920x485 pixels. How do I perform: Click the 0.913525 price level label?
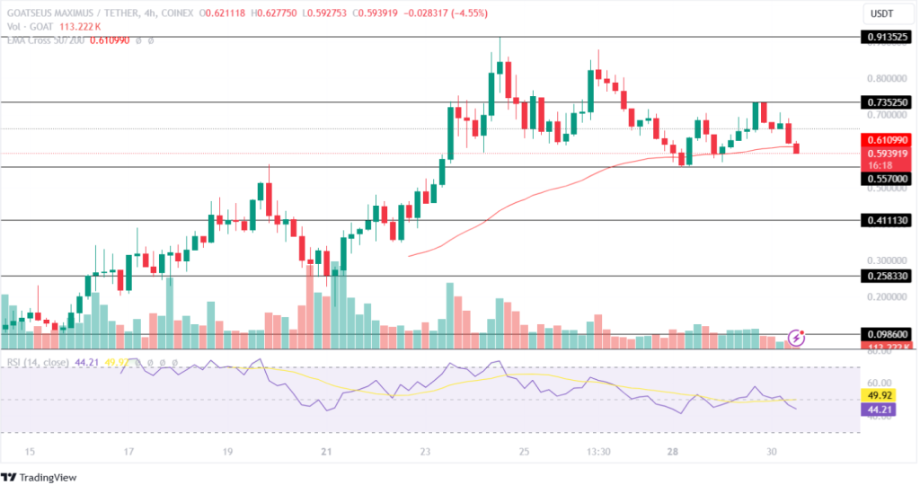coord(887,38)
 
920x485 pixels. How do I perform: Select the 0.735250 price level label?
coord(887,103)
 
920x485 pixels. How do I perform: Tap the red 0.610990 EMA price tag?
coord(887,140)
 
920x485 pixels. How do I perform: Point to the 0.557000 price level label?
coord(887,179)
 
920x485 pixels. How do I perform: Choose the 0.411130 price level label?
coord(887,220)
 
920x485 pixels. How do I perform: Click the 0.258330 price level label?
coord(887,277)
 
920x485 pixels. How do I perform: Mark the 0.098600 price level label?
coord(887,333)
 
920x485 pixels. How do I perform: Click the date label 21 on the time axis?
coord(327,452)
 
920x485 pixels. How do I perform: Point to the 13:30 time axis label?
coord(598,452)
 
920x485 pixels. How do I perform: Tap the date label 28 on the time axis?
coord(673,452)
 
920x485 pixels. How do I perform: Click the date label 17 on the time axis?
coord(129,452)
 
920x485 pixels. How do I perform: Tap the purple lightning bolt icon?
coord(797,338)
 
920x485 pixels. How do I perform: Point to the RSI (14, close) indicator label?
coord(39,363)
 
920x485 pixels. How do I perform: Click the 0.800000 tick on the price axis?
coord(885,78)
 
